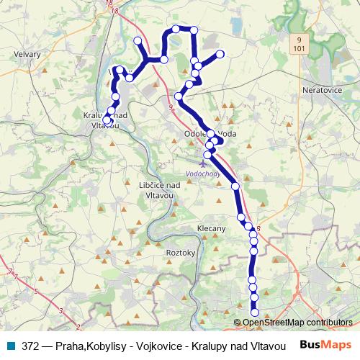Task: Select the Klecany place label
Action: tap(212, 228)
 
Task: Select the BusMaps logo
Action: tap(323, 344)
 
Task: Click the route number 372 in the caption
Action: tap(30, 345)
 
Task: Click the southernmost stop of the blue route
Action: tap(254, 312)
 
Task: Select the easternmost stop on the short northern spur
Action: tap(220, 54)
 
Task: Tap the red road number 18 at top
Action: tap(109, 4)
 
